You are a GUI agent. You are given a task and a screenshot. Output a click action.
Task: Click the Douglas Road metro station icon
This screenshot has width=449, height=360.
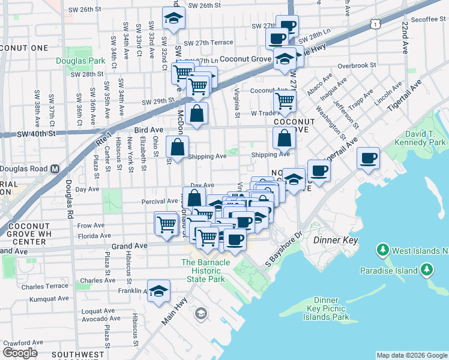(55, 169)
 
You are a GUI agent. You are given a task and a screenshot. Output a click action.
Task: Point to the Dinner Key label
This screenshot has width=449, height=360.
(336, 240)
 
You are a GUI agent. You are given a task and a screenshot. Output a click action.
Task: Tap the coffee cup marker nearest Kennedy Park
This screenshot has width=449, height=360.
(367, 158)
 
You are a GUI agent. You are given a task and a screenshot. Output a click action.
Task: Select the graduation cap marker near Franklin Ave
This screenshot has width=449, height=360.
(158, 292)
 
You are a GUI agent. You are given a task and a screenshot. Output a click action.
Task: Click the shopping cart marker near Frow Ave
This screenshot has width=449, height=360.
(166, 224)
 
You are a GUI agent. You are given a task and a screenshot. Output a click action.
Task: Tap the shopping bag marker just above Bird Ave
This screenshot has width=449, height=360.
(197, 113)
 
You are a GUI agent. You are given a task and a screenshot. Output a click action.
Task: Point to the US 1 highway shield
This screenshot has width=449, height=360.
(375, 23)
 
